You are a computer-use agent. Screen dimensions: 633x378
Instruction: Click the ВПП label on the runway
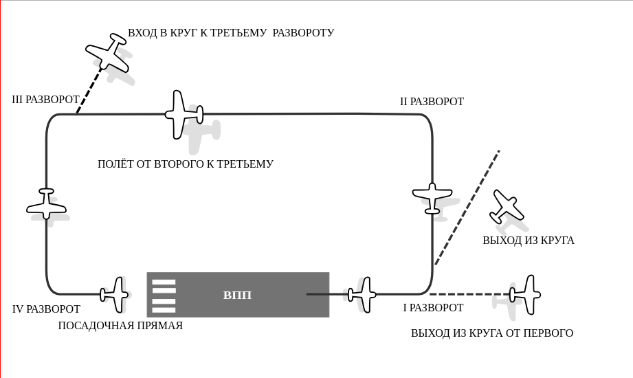[237, 296]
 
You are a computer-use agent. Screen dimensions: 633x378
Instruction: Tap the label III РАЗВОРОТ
[45, 100]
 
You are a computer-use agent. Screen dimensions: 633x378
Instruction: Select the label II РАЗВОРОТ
[432, 101]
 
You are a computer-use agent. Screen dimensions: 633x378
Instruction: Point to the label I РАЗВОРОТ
[433, 308]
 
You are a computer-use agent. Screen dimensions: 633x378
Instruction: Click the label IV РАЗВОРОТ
[47, 309]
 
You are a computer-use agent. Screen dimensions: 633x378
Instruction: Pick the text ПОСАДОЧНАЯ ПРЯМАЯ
[120, 326]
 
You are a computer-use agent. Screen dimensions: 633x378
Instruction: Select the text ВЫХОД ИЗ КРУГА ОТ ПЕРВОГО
[492, 333]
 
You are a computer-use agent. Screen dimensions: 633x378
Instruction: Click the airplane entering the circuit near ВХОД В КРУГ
[108, 52]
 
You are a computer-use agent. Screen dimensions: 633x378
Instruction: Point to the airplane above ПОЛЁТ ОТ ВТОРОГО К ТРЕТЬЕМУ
[184, 115]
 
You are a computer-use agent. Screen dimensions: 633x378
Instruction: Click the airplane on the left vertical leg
[47, 204]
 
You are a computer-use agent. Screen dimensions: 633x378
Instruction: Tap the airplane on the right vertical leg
[432, 198]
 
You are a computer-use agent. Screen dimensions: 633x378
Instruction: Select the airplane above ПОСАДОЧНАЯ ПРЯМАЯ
[115, 295]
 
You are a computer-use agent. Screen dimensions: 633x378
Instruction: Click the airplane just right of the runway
[362, 295]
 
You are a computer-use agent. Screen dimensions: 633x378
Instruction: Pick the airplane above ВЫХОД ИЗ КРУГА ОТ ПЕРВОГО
[525, 295]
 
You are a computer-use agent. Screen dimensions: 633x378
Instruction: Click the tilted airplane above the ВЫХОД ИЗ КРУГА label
[507, 206]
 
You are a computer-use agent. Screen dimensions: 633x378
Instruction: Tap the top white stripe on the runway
[164, 282]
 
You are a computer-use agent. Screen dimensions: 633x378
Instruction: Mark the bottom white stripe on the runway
[164, 310]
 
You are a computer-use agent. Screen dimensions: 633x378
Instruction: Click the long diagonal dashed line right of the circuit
[467, 208]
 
